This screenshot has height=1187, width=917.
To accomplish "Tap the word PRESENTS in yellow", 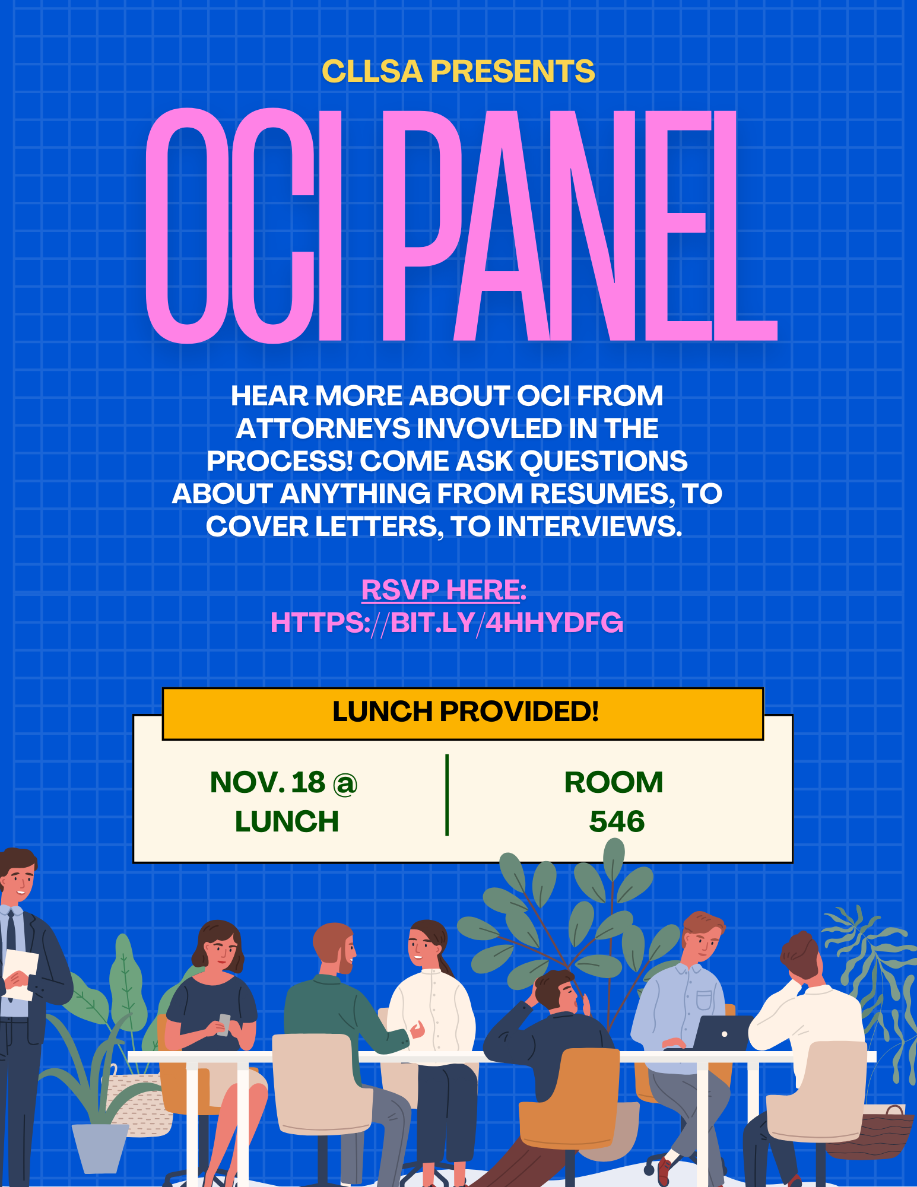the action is (512, 71).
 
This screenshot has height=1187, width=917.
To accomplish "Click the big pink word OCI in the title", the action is (244, 226).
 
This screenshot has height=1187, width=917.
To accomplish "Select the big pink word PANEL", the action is (579, 226).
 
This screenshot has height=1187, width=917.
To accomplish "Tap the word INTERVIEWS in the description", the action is (590, 526).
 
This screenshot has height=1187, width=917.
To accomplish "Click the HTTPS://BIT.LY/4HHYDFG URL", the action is (447, 623).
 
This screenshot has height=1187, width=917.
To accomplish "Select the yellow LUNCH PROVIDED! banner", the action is (463, 713).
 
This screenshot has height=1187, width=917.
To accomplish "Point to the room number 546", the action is (617, 821).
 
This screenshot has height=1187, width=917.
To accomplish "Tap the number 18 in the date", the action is (308, 782).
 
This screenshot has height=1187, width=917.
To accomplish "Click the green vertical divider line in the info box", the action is (447, 795).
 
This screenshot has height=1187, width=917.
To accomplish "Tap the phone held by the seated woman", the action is (224, 1024).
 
